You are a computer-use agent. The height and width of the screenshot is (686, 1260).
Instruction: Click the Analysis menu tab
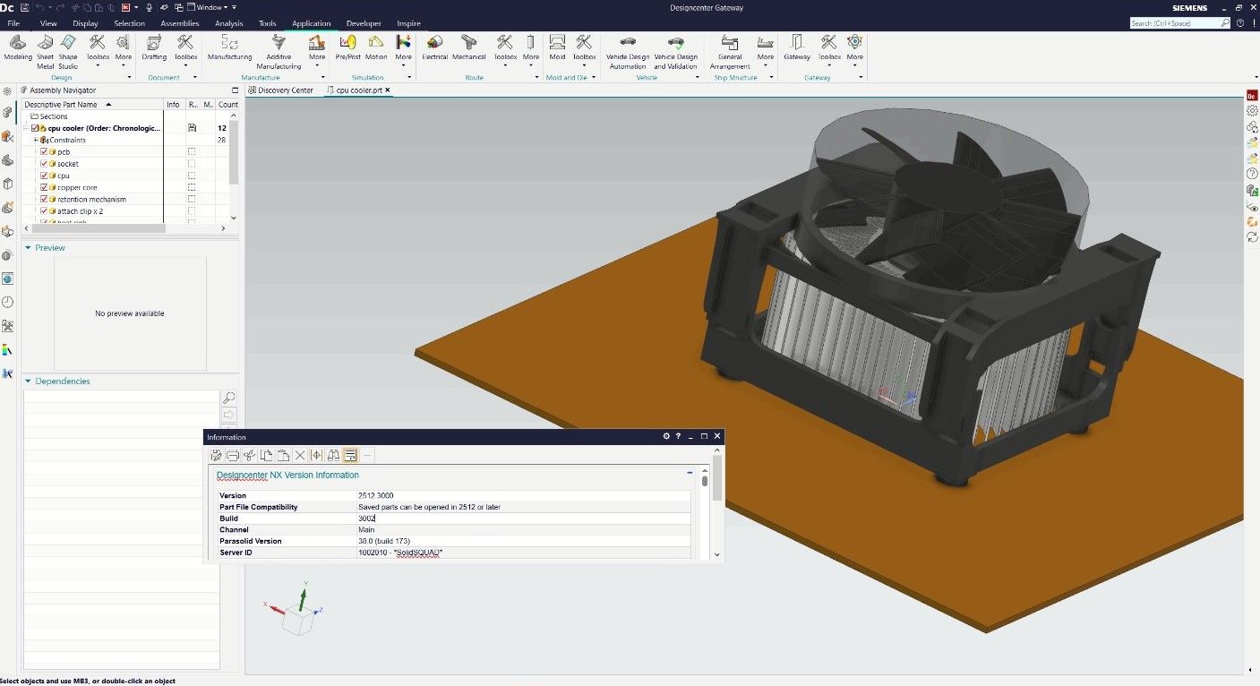point(229,23)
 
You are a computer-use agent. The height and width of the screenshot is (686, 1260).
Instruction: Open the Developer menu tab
point(364,23)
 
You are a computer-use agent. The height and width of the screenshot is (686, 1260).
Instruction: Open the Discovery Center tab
point(285,90)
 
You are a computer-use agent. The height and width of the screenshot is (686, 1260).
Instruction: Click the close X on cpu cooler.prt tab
point(388,90)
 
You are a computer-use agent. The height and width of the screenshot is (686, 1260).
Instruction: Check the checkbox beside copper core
point(44,188)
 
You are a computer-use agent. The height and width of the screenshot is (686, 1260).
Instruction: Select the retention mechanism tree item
point(91,200)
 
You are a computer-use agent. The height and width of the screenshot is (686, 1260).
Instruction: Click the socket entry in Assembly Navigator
point(68,164)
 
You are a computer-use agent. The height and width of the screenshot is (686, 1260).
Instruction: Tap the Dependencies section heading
point(63,382)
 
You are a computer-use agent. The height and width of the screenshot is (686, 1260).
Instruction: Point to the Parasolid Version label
point(251,541)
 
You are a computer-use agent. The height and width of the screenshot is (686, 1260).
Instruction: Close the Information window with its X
point(717,436)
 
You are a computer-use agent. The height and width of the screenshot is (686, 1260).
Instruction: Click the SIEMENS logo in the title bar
point(1189,8)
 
